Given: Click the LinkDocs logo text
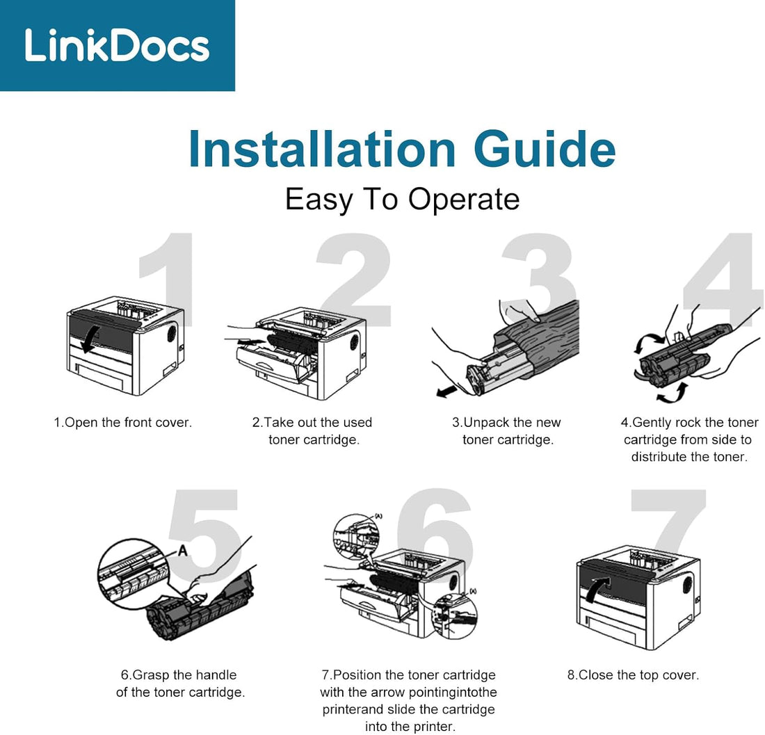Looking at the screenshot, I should point(117,45).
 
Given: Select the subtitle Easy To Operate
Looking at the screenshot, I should point(402,200).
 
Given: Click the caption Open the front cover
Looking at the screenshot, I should point(123,422).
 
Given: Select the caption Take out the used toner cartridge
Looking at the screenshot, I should point(313,431).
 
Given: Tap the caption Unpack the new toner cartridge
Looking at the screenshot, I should point(507,431).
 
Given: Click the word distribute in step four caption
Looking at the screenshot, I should point(657,457).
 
